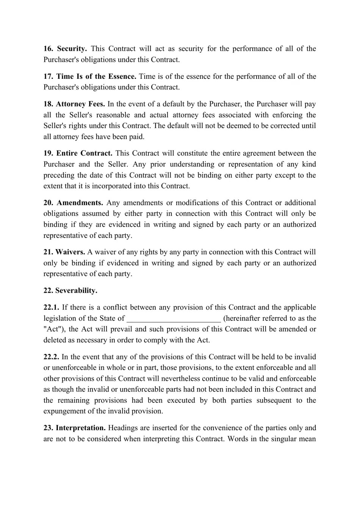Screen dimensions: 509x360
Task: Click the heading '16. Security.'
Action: (x=65, y=49)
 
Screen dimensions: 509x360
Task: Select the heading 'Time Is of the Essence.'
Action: (x=96, y=77)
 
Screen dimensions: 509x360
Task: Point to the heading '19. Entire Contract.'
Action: (x=78, y=153)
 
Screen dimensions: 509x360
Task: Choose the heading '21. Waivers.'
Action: (x=64, y=252)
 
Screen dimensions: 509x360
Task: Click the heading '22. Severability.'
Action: (x=70, y=291)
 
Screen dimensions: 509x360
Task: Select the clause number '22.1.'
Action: (x=51, y=307)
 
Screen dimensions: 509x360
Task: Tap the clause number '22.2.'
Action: (x=51, y=357)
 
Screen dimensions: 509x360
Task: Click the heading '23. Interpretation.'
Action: (x=74, y=428)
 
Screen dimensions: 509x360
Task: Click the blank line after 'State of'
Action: (x=174, y=319)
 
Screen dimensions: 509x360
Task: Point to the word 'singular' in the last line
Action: (x=280, y=439)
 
